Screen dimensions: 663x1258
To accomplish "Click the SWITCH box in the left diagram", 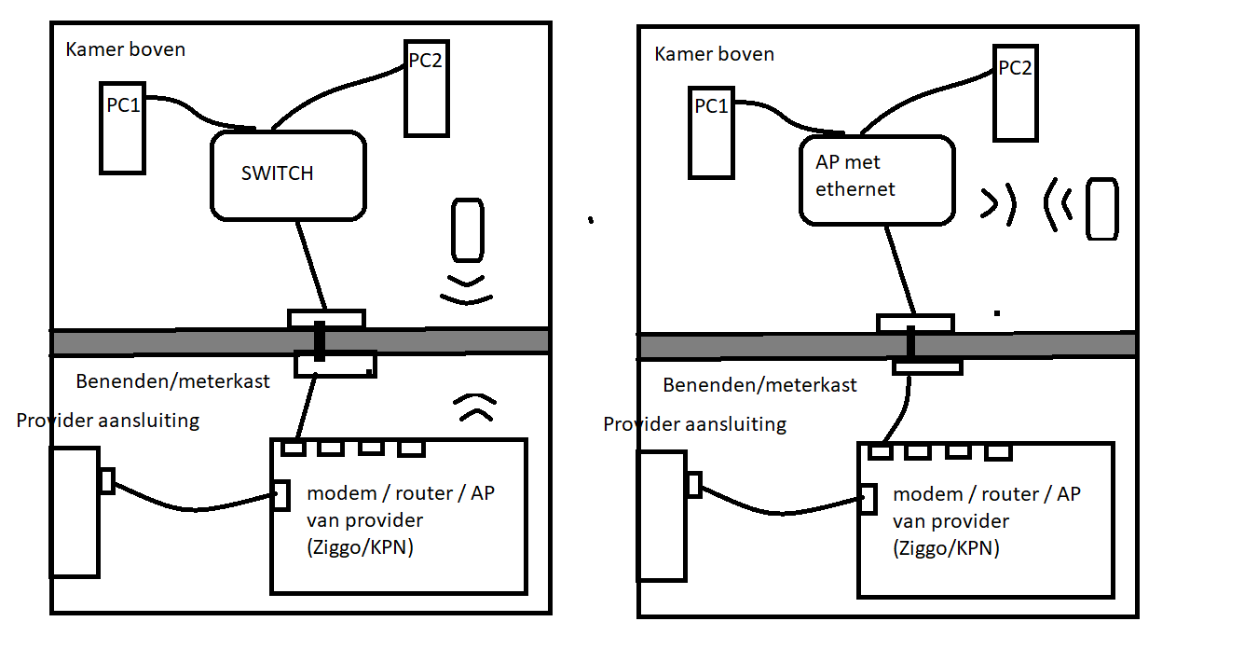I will point(287,175).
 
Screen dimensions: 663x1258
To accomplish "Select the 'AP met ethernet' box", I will point(877,180).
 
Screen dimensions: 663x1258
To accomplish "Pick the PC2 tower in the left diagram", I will point(427,89).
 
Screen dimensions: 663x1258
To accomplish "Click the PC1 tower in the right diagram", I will point(711,132).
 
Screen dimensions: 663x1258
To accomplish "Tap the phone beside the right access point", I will point(1102,209).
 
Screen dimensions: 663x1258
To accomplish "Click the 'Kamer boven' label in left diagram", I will point(125,49).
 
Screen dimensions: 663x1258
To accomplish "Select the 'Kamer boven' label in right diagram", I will point(714,54).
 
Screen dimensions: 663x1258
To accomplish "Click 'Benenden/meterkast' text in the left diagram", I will point(172,380).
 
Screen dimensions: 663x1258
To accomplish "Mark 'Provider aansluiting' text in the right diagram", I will point(694,424).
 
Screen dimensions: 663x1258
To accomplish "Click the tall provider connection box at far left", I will point(75,512).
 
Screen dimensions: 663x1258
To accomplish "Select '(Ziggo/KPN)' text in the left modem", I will point(360,547).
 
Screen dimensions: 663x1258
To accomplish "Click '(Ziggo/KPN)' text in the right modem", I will point(946,548).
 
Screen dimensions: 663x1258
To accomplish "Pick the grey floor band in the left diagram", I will point(168,341).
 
